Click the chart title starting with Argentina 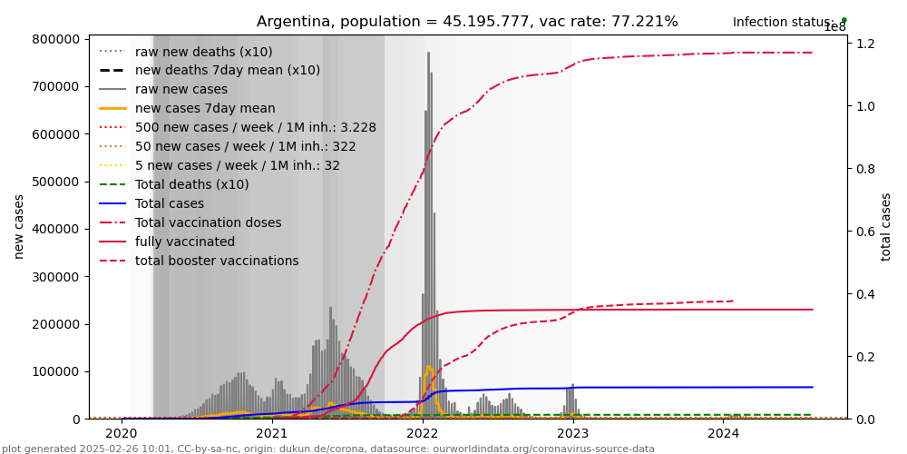(467, 22)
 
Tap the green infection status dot (844, 20)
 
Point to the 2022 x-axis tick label (422, 434)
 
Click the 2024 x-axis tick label (723, 434)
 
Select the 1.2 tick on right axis (865, 44)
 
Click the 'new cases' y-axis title (19, 227)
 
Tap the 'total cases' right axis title (886, 227)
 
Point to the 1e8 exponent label (834, 27)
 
